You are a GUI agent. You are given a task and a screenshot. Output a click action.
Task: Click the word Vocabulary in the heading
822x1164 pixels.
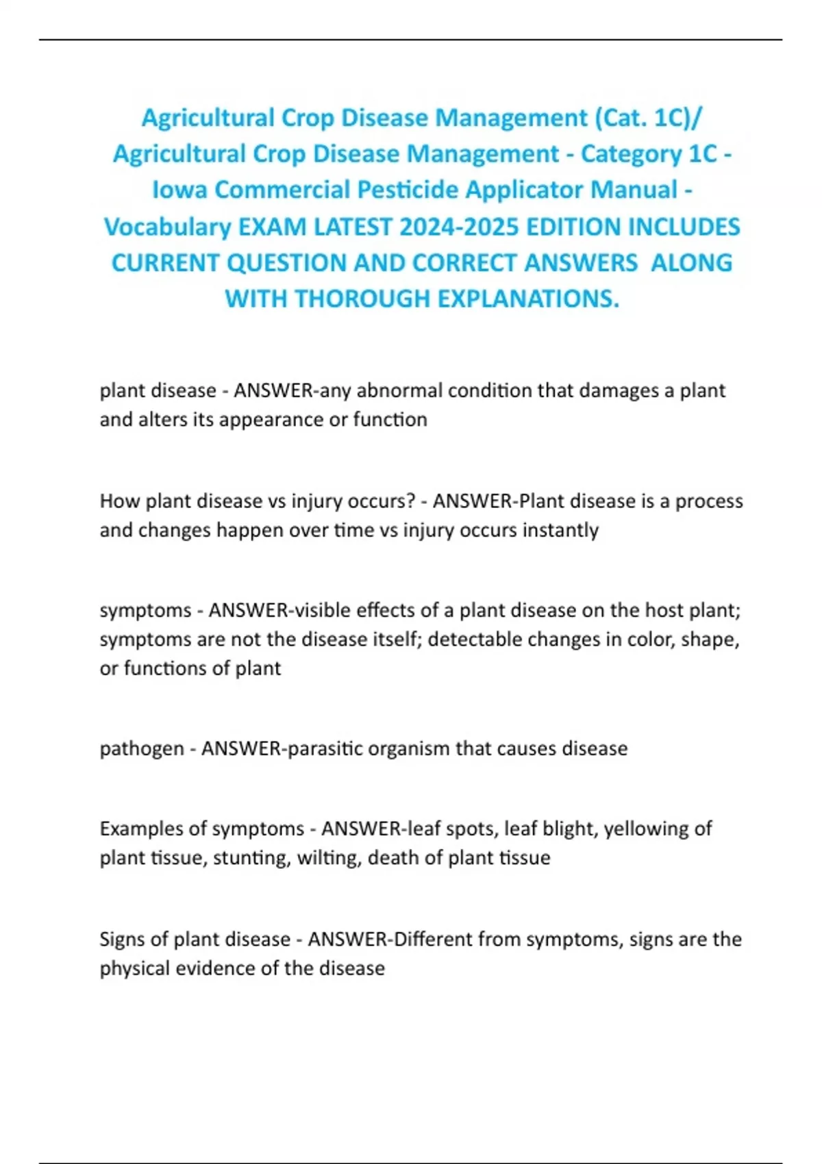[167, 227]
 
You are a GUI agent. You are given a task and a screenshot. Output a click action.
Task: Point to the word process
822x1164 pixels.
[709, 501]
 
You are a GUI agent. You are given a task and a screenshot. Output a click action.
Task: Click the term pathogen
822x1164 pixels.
[142, 748]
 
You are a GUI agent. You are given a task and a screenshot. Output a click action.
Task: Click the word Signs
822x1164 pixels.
[124, 939]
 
